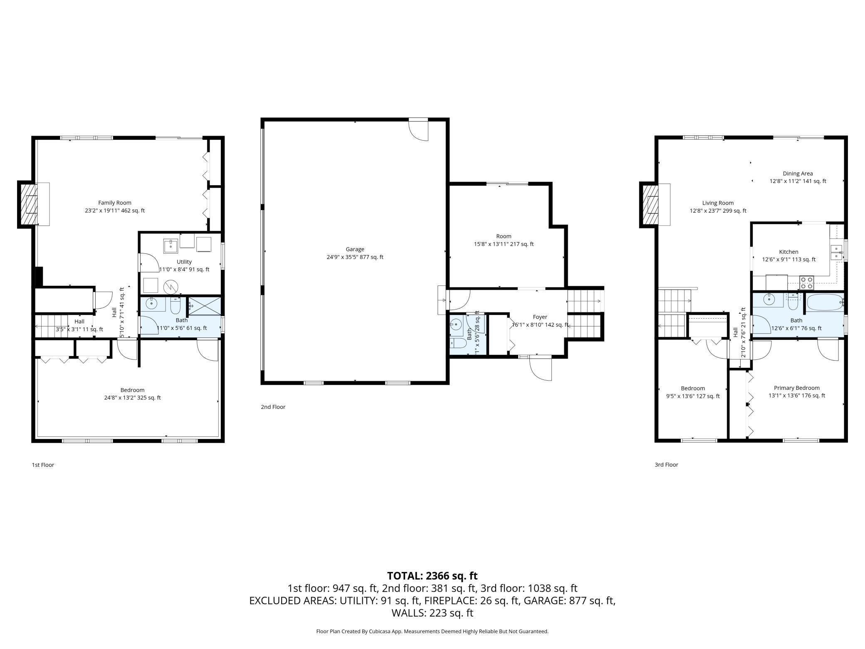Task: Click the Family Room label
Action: [x=115, y=203]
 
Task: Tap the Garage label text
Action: [x=355, y=249]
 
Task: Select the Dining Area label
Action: [x=797, y=173]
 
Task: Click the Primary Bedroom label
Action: [x=796, y=388]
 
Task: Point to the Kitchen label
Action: [x=788, y=252]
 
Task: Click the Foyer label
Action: [x=540, y=317]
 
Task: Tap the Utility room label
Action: [x=184, y=262]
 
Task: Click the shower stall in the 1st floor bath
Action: [x=205, y=306]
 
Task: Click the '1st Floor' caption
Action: [x=43, y=465]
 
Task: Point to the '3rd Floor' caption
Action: [x=666, y=465]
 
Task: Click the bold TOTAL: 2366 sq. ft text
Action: [x=432, y=576]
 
